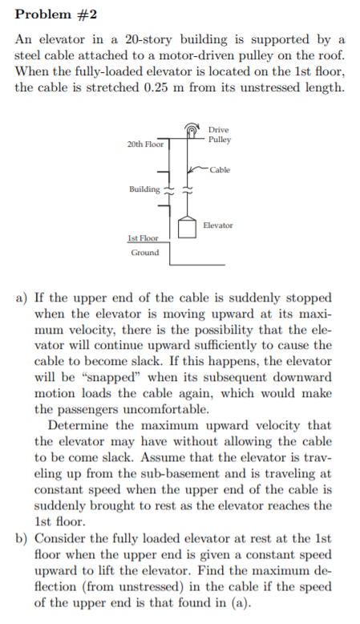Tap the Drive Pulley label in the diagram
coord(219,134)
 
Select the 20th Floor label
coord(145,144)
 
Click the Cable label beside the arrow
coord(220,170)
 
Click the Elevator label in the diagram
coord(218,225)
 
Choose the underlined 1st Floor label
coord(144,238)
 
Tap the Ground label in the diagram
coord(145,253)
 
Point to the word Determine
coord(80,424)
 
